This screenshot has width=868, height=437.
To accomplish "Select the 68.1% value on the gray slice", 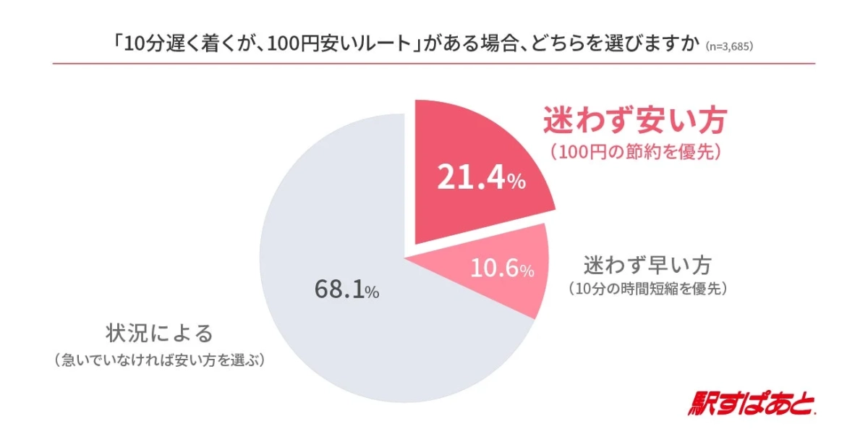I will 346,290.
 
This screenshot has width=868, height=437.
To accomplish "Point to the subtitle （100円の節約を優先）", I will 634,153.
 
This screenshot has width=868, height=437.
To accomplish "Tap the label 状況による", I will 160,334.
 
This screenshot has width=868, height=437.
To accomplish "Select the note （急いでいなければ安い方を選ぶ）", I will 160,360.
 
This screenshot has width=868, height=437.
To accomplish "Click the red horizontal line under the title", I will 434,64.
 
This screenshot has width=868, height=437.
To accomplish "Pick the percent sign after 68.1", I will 372,293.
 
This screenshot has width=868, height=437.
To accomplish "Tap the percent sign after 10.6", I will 527,272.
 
